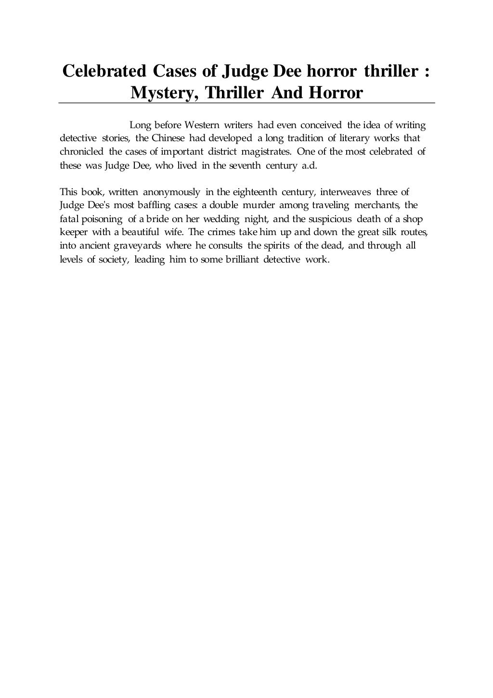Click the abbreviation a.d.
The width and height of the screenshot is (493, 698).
tap(309, 165)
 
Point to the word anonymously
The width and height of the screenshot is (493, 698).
tap(171, 193)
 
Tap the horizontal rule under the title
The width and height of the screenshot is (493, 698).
tap(246, 103)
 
